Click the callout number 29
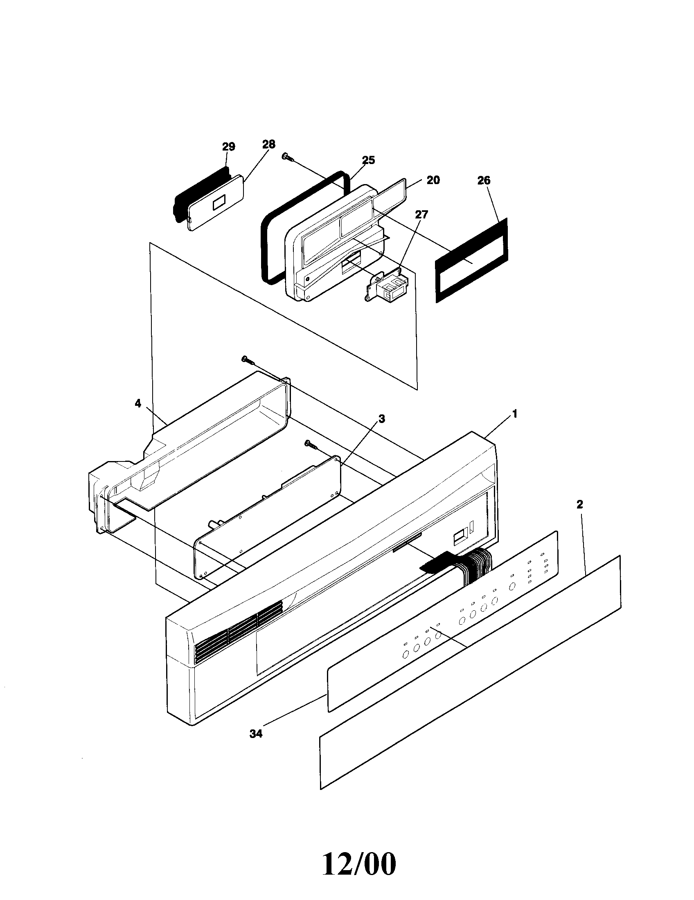228,147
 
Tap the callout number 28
268,144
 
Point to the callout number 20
433,180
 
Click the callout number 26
484,180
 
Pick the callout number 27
421,215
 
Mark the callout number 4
138,403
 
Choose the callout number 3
382,418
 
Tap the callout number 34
256,734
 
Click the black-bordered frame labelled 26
471,261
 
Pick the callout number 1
514,414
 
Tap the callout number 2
579,504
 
